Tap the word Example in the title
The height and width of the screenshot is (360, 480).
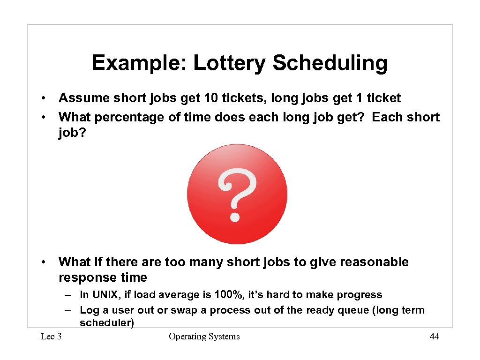[x=138, y=63]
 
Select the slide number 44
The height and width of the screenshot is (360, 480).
[x=434, y=337]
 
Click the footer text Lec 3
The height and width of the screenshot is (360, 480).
[x=51, y=337]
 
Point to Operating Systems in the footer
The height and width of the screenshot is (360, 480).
[x=204, y=337]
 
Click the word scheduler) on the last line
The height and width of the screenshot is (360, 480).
[x=107, y=323]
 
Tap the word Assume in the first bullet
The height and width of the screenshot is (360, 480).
[x=83, y=98]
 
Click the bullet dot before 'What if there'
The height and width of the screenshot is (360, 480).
[x=43, y=262]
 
